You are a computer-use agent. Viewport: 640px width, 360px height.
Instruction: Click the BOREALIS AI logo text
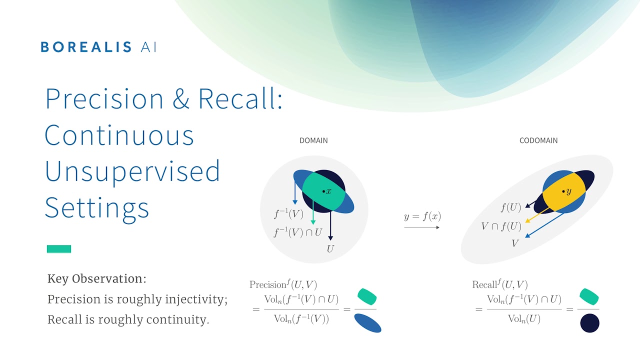(x=98, y=47)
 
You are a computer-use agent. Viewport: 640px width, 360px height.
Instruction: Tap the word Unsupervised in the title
(x=132, y=171)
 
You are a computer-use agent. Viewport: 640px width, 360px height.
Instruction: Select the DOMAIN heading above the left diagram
(x=313, y=140)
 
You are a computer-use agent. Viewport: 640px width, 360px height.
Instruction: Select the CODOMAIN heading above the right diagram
(x=538, y=140)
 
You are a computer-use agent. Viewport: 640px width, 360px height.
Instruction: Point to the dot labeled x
(x=324, y=191)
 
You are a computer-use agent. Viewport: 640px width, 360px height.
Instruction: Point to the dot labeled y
(x=563, y=191)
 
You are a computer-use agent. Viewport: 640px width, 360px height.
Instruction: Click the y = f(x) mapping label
(x=422, y=217)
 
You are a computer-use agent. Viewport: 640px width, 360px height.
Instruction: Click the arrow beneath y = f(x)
(x=422, y=227)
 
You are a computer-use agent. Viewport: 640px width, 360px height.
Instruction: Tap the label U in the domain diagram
(x=330, y=248)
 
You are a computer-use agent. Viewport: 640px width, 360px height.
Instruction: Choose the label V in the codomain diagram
(x=514, y=243)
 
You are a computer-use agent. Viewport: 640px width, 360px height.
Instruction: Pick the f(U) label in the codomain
(x=510, y=207)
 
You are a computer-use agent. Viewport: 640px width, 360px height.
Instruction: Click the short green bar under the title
(x=59, y=249)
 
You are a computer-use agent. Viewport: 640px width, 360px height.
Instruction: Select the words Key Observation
(x=96, y=279)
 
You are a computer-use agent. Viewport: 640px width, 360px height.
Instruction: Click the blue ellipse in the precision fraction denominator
(x=367, y=322)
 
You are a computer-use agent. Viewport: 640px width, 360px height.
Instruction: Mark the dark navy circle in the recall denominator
(x=589, y=323)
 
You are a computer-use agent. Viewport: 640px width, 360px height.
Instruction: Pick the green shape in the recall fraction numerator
(x=589, y=296)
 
